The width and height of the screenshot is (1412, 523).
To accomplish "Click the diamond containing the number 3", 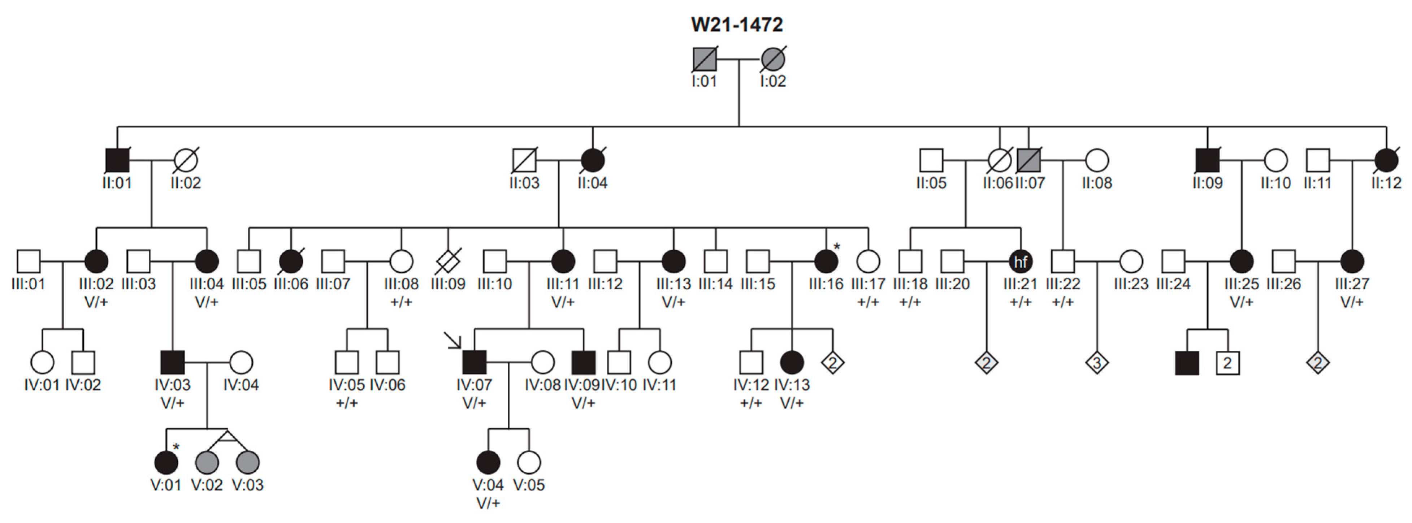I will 1097,362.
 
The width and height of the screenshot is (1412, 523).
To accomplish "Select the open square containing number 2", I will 1227,362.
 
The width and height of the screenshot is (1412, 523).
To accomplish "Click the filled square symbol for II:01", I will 117,161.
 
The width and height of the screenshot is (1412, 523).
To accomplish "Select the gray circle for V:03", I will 248,463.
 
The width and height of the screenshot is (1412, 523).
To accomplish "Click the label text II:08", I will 1097,183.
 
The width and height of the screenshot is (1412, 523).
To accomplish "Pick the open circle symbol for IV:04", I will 241,362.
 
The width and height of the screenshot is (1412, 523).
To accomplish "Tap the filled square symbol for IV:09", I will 583,362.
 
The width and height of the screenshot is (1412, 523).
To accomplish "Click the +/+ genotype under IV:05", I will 346,403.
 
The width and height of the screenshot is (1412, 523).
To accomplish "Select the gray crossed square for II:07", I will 1028,161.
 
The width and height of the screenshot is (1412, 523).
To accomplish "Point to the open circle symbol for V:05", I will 529,463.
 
